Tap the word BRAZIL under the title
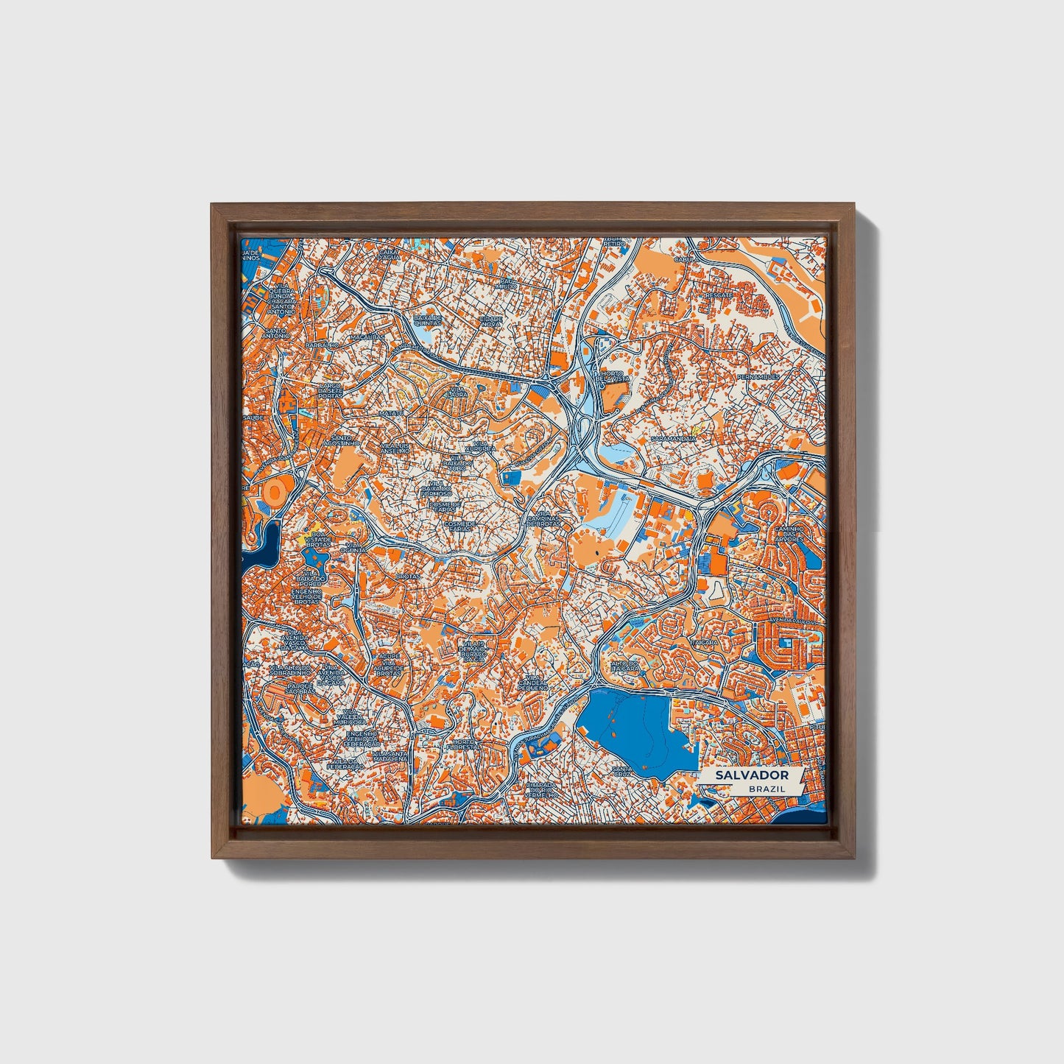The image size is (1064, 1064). click(x=767, y=789)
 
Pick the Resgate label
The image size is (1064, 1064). click(x=719, y=295)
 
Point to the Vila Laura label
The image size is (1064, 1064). click(x=458, y=391)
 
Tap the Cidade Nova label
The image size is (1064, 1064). click(x=490, y=321)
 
